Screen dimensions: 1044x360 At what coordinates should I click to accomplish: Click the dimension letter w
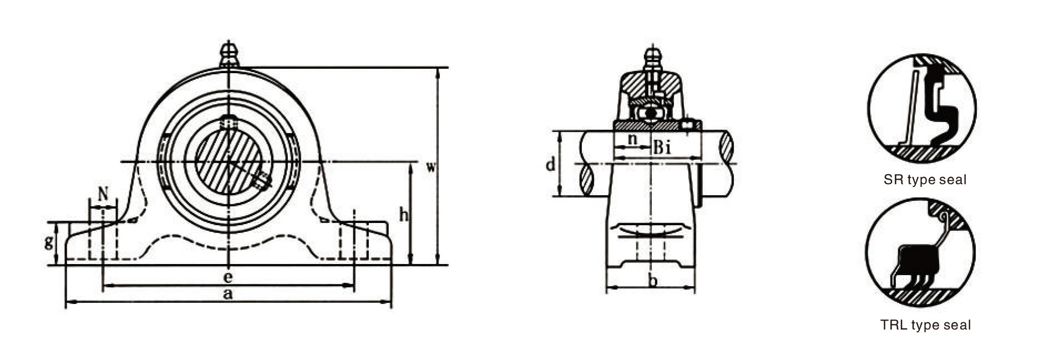point(430,167)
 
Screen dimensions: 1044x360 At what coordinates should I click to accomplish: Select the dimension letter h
point(403,214)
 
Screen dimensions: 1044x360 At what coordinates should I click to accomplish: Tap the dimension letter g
point(49,242)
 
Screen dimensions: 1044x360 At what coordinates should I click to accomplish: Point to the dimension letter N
point(103,194)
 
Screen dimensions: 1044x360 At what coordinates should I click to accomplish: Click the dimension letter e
point(228,276)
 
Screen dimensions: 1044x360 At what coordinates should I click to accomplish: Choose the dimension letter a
point(228,294)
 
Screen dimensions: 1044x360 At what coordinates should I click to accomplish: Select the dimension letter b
point(653,281)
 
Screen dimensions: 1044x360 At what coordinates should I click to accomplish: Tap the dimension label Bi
point(662,148)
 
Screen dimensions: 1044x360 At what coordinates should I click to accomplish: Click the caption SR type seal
point(925,180)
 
